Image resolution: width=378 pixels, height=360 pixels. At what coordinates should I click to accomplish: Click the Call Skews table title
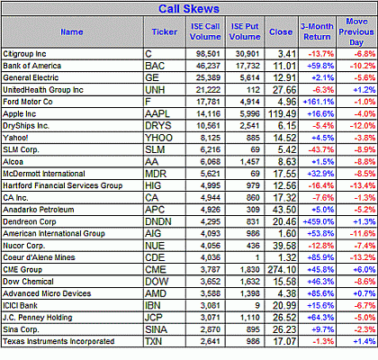coord(189,9)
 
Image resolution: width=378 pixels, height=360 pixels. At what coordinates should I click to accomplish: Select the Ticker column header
coord(165,31)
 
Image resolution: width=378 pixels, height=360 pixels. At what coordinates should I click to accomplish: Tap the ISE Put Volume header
coord(245,31)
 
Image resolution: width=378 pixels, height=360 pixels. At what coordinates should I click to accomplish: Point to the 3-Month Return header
coord(317,31)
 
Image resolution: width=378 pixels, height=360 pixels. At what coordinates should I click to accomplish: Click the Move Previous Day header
coord(356,31)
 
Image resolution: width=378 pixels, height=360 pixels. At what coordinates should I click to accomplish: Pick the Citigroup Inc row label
coord(24,54)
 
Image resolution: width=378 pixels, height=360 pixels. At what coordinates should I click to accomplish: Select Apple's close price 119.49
coord(282,113)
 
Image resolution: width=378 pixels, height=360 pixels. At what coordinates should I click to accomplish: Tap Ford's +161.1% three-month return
coord(319,102)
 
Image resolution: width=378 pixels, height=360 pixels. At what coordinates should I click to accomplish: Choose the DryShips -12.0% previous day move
coord(363,126)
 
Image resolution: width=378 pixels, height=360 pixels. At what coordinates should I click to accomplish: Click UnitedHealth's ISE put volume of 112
coord(253,90)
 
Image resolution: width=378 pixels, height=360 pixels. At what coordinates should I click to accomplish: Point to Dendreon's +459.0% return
coord(319,221)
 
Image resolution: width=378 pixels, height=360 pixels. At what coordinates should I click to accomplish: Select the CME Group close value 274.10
coord(282,269)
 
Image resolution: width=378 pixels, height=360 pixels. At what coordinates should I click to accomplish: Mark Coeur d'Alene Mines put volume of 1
coord(257,257)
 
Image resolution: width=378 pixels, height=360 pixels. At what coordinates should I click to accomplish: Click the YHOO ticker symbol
coord(158,138)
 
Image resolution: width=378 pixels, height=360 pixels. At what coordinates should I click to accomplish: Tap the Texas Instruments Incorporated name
coord(58,341)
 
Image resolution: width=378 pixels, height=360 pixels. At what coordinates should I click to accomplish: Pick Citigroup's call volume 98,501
coord(208,54)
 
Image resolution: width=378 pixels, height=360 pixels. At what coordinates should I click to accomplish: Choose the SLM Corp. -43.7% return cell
coord(321,149)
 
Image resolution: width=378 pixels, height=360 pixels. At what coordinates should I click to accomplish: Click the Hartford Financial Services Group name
coord(63,185)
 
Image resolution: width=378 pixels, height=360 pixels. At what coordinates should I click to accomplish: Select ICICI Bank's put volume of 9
coord(257,305)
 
